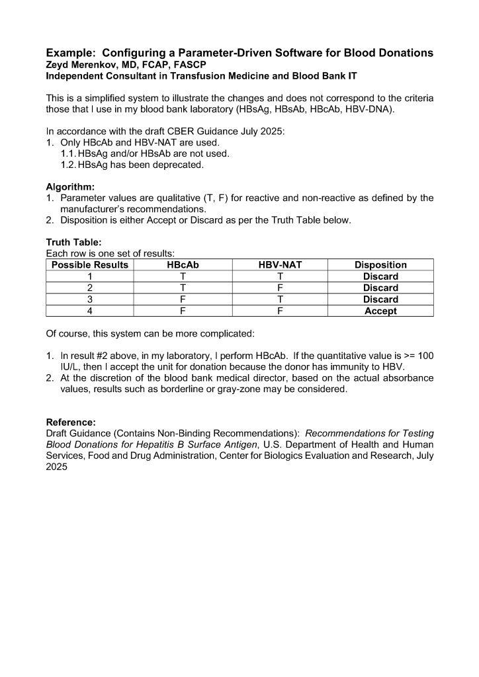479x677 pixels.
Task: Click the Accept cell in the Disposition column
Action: [x=380, y=311]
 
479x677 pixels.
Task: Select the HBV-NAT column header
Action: [x=280, y=265]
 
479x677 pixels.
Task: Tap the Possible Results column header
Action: [x=90, y=265]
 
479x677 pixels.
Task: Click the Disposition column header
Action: [x=380, y=265]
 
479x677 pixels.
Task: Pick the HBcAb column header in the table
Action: [x=183, y=265]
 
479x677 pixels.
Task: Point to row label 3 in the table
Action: [x=90, y=299]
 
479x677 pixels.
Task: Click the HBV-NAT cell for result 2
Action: [x=280, y=288]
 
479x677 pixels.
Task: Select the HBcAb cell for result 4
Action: [x=183, y=311]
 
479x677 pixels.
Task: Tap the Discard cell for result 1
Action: [x=380, y=276]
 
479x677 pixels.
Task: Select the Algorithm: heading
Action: [x=70, y=187]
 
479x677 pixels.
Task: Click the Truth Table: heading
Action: [x=73, y=243]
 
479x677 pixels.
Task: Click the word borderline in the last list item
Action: [x=168, y=389]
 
